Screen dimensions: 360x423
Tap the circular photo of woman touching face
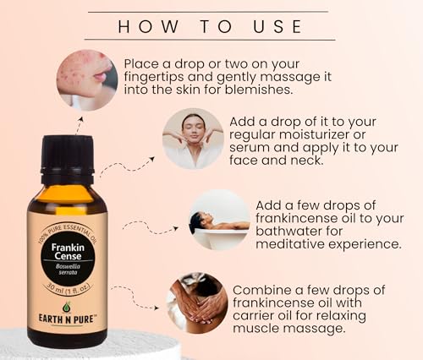[193, 138]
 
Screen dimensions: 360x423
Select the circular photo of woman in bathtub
[219, 219]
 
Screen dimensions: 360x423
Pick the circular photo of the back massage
[195, 302]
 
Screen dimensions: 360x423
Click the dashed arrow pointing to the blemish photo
[79, 125]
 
